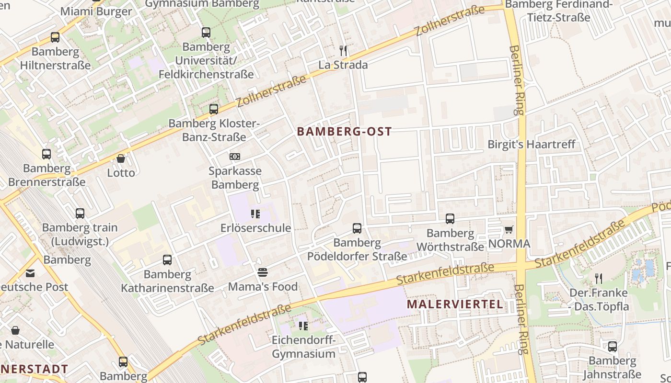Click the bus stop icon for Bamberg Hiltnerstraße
(55, 37)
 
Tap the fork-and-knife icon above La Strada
(343, 51)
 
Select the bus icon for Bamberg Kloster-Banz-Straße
(214, 109)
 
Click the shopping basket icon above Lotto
(121, 158)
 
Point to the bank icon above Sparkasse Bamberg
(235, 157)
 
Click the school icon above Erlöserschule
(255, 214)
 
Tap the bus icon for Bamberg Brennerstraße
(46, 154)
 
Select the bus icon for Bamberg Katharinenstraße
(167, 260)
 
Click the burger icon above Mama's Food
(263, 272)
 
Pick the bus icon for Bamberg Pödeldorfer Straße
(357, 228)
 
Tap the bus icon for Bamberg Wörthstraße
(450, 219)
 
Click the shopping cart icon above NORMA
(509, 229)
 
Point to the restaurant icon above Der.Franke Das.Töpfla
(599, 278)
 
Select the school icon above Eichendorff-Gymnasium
(303, 326)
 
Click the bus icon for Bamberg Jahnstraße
(613, 346)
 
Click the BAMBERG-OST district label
(344, 131)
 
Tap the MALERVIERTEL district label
(455, 304)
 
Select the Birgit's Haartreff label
(531, 144)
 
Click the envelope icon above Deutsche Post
(31, 273)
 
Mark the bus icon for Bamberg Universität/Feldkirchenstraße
(206, 33)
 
